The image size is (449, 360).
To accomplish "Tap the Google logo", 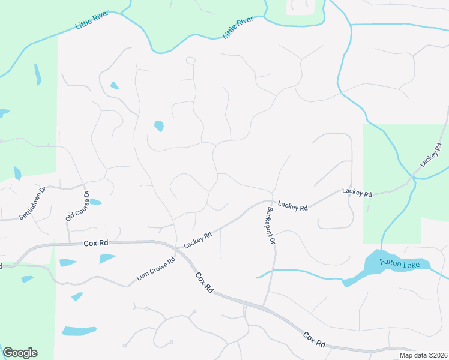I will click(20, 353).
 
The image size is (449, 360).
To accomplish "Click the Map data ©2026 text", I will click(423, 355).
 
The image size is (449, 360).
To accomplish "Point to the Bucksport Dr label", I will click(271, 225).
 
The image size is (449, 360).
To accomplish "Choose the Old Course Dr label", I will click(77, 206).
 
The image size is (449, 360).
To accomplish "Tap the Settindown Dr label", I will click(33, 203).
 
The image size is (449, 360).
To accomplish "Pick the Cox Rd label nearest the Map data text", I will click(314, 340).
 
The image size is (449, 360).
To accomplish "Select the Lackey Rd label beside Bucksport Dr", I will click(293, 207).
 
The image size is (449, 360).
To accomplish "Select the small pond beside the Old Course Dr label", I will click(95, 202).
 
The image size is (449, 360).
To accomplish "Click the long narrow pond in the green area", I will click(38, 74).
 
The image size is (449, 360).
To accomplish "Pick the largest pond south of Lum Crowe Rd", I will click(79, 331).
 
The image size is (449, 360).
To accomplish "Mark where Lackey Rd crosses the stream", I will click(412, 179).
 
